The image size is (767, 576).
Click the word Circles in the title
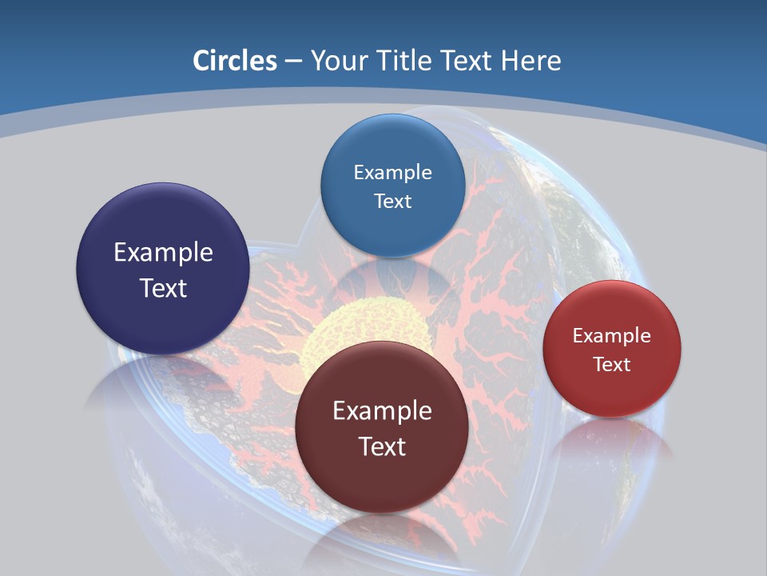tap(235, 61)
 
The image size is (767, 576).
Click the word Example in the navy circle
tap(163, 253)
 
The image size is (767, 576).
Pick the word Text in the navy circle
tap(163, 288)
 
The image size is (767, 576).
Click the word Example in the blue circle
tap(392, 173)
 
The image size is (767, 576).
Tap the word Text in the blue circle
tap(392, 201)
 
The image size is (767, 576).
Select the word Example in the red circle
tap(612, 336)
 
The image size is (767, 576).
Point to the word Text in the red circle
tap(612, 365)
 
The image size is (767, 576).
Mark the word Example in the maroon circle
tap(382, 411)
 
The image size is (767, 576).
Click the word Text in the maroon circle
tap(382, 446)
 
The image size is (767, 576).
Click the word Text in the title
tap(467, 61)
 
